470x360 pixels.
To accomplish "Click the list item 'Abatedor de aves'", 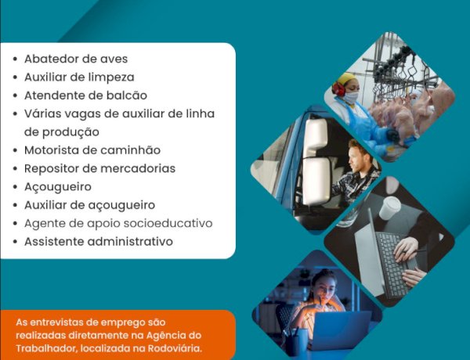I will (x=76, y=59).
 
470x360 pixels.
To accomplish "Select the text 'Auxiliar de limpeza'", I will (x=79, y=77).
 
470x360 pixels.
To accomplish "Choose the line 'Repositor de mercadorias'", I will (x=99, y=168).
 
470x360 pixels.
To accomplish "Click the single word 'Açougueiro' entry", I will (x=58, y=187).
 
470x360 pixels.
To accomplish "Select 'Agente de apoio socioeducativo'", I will (x=118, y=223).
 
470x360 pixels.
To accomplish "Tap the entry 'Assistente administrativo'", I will (x=98, y=241).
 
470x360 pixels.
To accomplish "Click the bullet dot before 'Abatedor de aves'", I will (x=16, y=59).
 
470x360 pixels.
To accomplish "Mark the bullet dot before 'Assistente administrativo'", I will (x=16, y=242).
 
